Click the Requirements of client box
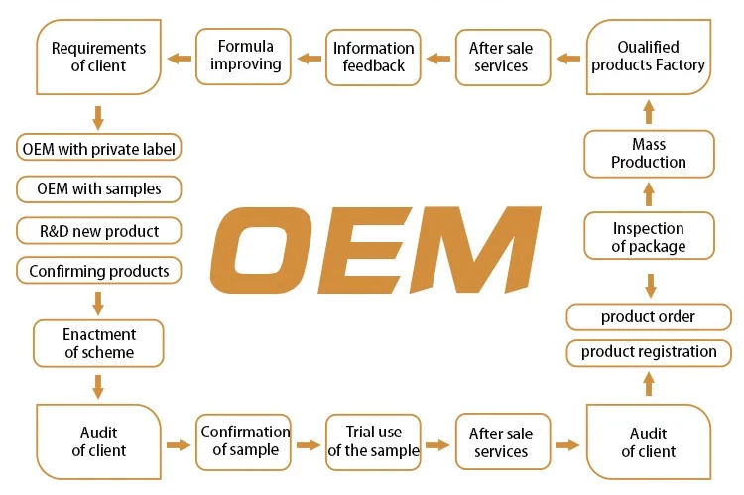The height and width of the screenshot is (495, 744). [98, 57]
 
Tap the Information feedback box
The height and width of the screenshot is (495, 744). [374, 56]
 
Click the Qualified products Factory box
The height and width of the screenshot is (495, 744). [649, 57]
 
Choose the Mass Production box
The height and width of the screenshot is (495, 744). [649, 154]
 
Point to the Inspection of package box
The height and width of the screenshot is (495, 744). [649, 237]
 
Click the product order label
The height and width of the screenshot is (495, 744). [649, 317]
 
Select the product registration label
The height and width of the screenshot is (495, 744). [649, 352]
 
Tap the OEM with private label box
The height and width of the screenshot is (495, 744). [99, 150]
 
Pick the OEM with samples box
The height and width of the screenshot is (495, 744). [99, 188]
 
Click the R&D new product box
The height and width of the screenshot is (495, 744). [99, 231]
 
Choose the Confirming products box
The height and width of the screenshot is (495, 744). [99, 271]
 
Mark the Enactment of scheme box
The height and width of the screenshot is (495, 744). [99, 343]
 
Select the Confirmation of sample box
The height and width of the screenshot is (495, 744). [245, 441]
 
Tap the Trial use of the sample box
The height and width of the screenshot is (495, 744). [374, 441]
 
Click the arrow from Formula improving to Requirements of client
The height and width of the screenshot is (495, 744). [180, 58]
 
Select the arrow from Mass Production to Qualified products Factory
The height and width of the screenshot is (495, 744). [649, 110]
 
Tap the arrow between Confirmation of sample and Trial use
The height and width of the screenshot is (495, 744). [310, 444]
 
